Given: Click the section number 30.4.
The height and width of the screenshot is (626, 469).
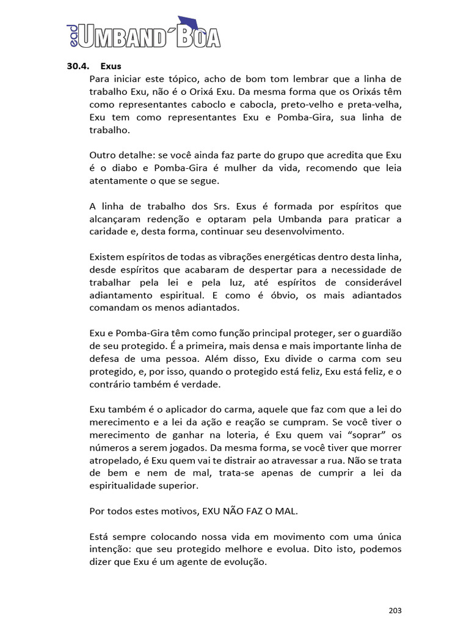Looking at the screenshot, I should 78,67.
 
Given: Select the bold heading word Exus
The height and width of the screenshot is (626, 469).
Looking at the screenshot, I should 111,67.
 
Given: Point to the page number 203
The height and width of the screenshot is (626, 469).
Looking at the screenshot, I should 395,610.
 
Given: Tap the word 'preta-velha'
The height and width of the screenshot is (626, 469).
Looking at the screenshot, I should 374,105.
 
